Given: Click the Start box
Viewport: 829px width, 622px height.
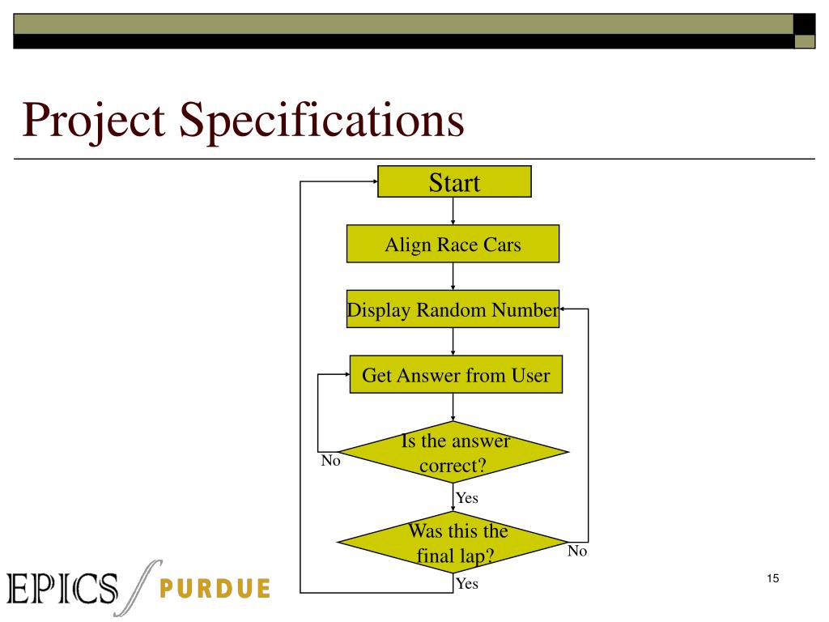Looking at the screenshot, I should click(x=453, y=182).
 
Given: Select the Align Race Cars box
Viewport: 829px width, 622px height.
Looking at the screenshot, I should click(x=453, y=244).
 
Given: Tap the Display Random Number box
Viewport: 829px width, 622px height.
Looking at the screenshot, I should click(x=453, y=309).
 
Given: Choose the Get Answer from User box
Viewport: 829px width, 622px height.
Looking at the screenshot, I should click(x=455, y=375).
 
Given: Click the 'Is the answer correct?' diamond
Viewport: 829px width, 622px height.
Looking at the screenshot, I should click(x=453, y=453).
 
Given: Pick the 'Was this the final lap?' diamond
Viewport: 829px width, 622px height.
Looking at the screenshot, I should click(x=453, y=543).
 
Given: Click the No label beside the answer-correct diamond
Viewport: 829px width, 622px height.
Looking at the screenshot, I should click(x=330, y=462).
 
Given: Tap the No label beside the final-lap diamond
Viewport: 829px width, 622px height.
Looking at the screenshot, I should click(x=576, y=551).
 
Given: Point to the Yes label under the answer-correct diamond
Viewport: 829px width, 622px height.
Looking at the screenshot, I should click(x=467, y=498).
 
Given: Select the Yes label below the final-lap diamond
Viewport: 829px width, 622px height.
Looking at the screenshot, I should click(x=467, y=583).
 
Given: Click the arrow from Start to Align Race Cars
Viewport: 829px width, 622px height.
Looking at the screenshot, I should click(x=453, y=211).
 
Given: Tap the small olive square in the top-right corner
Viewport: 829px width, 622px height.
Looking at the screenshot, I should click(x=805, y=41).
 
